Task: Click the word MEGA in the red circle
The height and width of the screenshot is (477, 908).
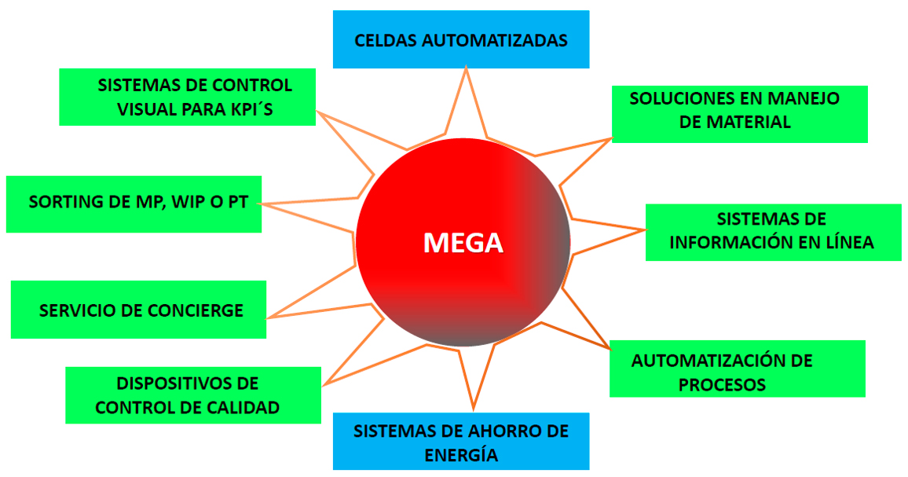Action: tap(463, 243)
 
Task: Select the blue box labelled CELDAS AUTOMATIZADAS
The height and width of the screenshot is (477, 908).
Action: tap(461, 39)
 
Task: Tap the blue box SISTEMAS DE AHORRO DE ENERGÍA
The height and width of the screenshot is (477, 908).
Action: tap(461, 442)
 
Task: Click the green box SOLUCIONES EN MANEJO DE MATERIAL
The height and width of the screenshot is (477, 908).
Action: tap(739, 114)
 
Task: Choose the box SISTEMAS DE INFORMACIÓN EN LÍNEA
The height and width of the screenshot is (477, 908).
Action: tap(773, 232)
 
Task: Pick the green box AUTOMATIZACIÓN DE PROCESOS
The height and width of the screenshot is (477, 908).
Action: tap(737, 369)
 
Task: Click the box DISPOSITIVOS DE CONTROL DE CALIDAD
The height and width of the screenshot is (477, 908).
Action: tap(193, 395)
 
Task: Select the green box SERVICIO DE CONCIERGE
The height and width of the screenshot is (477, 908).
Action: tap(138, 310)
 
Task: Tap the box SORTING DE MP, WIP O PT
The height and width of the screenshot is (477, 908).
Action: tap(134, 204)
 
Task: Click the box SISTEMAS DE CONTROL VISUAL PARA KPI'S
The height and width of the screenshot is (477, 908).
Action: tap(187, 97)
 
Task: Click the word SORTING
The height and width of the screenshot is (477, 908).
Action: tap(65, 202)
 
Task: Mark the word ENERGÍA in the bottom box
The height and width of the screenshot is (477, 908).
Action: tap(461, 455)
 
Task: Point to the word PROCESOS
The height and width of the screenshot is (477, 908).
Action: tap(722, 385)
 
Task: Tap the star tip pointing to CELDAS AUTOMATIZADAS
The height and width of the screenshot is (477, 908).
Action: tap(467, 68)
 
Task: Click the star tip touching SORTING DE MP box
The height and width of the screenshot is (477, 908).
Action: tap(262, 204)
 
